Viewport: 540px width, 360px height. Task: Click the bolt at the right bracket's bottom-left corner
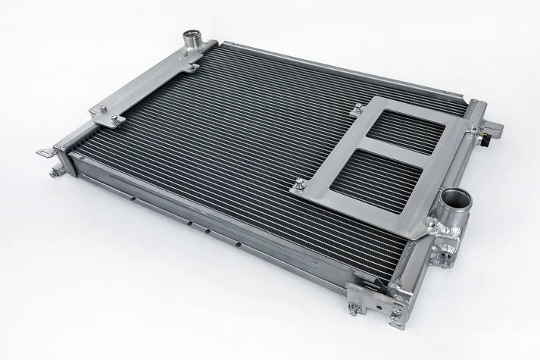pos(298,182)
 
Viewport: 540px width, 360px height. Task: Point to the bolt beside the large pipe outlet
pos(432,222)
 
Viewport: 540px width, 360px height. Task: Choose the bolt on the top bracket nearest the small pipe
pos(190,67)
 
